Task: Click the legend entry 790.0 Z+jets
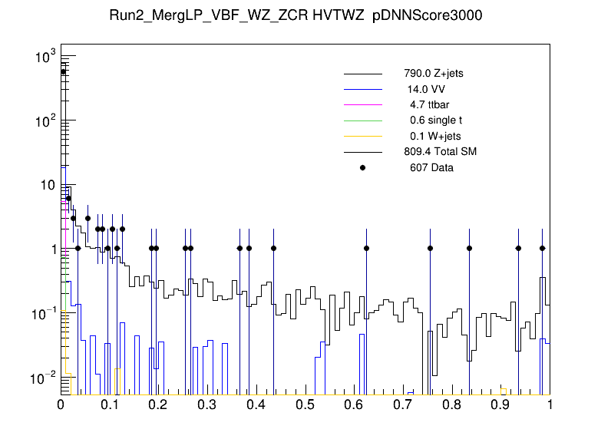(x=433, y=74)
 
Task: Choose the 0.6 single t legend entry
(x=435, y=120)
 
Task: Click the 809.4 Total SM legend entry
(x=440, y=151)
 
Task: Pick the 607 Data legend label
(x=431, y=167)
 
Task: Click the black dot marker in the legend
(x=362, y=167)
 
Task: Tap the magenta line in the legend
(x=362, y=104)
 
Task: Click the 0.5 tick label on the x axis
(x=305, y=404)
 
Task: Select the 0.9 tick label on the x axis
(x=501, y=404)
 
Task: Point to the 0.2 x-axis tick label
(x=159, y=404)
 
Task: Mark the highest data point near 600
(x=64, y=71)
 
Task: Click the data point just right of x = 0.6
(x=366, y=248)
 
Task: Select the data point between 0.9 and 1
(x=518, y=248)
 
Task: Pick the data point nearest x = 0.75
(x=430, y=248)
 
